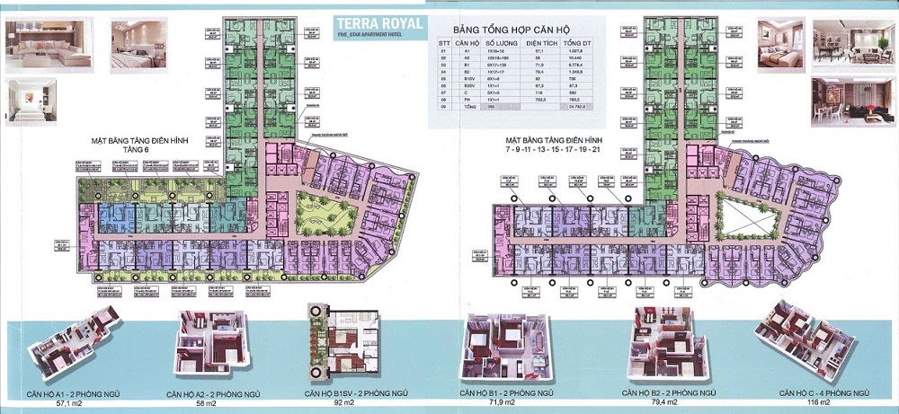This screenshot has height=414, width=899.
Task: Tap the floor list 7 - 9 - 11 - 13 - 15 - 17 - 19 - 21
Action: [552, 149]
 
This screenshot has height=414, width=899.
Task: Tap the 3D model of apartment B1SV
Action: [342, 346]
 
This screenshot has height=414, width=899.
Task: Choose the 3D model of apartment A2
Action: [210, 346]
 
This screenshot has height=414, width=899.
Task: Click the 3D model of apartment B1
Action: [503, 348]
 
